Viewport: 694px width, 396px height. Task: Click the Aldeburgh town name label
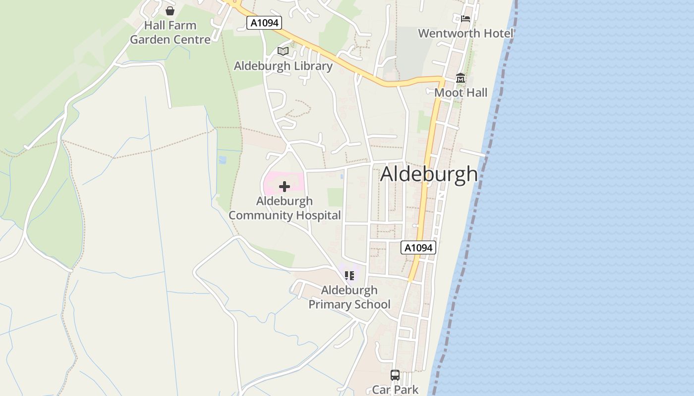coord(429,174)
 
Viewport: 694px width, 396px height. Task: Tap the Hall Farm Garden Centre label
coord(170,33)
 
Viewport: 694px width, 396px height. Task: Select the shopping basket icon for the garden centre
coord(170,11)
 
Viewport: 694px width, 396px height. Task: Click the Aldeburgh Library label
coord(283,66)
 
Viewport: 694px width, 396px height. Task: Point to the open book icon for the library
coord(283,51)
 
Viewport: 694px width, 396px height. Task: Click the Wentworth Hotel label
coord(465,33)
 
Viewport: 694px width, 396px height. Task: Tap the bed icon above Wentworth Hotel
coord(465,19)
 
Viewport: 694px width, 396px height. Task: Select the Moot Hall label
coord(461,93)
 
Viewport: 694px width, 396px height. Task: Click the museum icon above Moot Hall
coord(461,78)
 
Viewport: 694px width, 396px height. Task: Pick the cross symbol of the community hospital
coord(285,187)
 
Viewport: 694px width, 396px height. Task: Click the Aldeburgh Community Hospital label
coord(285,208)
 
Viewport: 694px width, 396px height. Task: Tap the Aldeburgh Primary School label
coord(349,297)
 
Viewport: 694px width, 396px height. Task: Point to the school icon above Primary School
coord(349,275)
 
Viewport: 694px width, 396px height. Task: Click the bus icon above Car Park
coord(395,375)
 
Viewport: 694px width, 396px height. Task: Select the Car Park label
coord(395,390)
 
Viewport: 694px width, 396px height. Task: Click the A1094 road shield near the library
coord(264,23)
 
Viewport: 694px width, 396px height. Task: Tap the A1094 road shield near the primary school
coord(418,247)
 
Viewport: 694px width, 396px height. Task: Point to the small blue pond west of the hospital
coord(223,160)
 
